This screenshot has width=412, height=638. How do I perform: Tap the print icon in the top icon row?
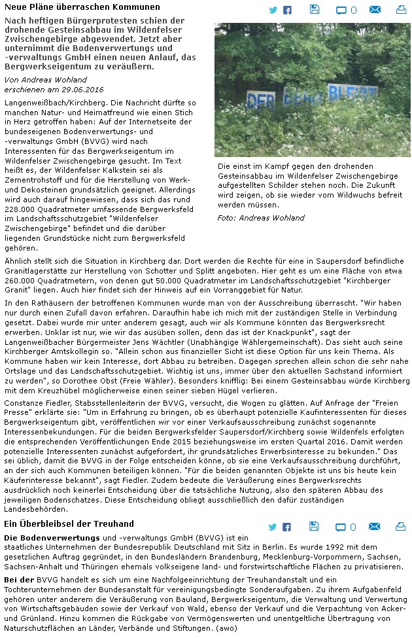click(x=400, y=10)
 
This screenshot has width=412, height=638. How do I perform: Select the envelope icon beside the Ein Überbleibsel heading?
click(x=375, y=527)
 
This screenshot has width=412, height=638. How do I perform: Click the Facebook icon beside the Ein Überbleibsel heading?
click(x=287, y=527)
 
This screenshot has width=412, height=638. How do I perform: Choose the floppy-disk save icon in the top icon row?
click(x=315, y=9)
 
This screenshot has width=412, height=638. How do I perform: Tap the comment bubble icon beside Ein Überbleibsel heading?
click(x=341, y=527)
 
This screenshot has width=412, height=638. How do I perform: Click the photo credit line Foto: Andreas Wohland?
click(x=261, y=218)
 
